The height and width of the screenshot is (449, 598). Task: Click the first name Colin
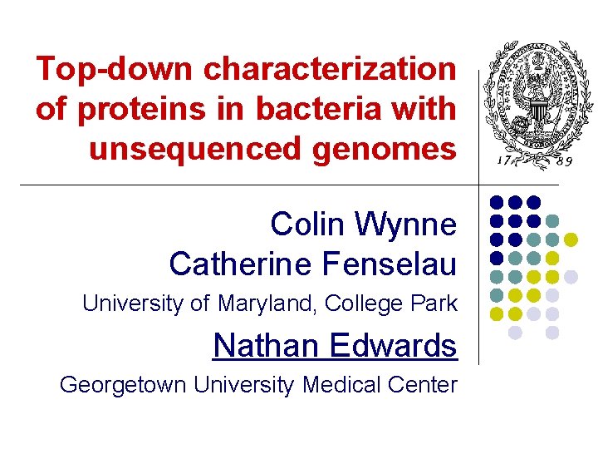tap(308, 224)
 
